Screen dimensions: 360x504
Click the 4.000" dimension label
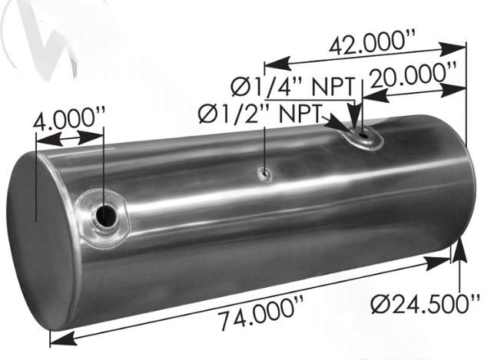click(x=70, y=121)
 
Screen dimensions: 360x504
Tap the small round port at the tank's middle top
click(x=264, y=175)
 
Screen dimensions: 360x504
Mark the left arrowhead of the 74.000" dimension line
click(x=56, y=337)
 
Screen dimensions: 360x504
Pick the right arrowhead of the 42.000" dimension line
click(x=460, y=48)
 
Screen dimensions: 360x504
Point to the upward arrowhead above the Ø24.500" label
click(x=459, y=246)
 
